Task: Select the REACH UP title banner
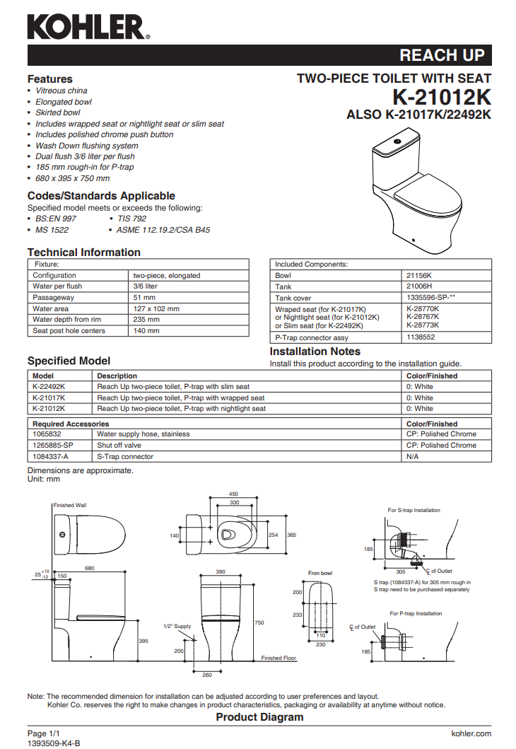pos(442,55)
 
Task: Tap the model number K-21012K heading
pos(442,97)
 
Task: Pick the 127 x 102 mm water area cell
pos(156,308)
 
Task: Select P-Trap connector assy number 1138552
pos(422,338)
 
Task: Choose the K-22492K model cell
pos(49,387)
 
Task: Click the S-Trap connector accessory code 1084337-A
pos(51,456)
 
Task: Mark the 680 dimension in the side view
pos(90,568)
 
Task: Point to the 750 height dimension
pos(259,622)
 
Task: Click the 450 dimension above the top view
pos(233,494)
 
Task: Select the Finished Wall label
pos(69,506)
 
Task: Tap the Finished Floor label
pos(278,658)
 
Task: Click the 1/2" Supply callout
pos(177,626)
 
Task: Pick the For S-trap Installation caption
pos(414,510)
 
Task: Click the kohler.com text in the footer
pos(471,733)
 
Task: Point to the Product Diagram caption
pos(259,717)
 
